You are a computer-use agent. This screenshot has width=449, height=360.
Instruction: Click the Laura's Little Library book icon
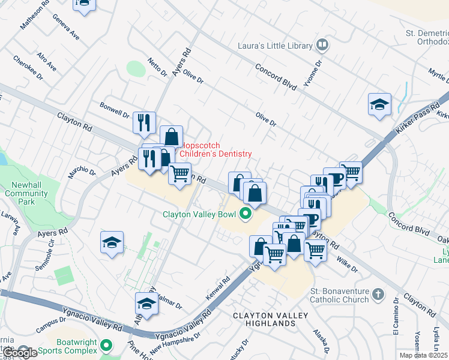coord(322,46)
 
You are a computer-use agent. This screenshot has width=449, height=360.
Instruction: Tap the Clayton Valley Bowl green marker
coord(244,214)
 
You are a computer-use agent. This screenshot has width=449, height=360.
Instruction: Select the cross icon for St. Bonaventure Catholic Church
coord(377,294)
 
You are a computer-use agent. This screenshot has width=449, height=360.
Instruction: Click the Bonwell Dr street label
coord(115,113)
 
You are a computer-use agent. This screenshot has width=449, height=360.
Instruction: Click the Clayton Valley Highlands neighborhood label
coord(271,319)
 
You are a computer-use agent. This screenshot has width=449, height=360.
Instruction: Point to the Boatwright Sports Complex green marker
coord(106,346)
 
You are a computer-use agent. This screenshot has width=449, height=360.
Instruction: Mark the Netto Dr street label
coord(157,67)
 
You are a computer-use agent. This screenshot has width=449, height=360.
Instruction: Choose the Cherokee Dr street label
coord(28,68)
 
